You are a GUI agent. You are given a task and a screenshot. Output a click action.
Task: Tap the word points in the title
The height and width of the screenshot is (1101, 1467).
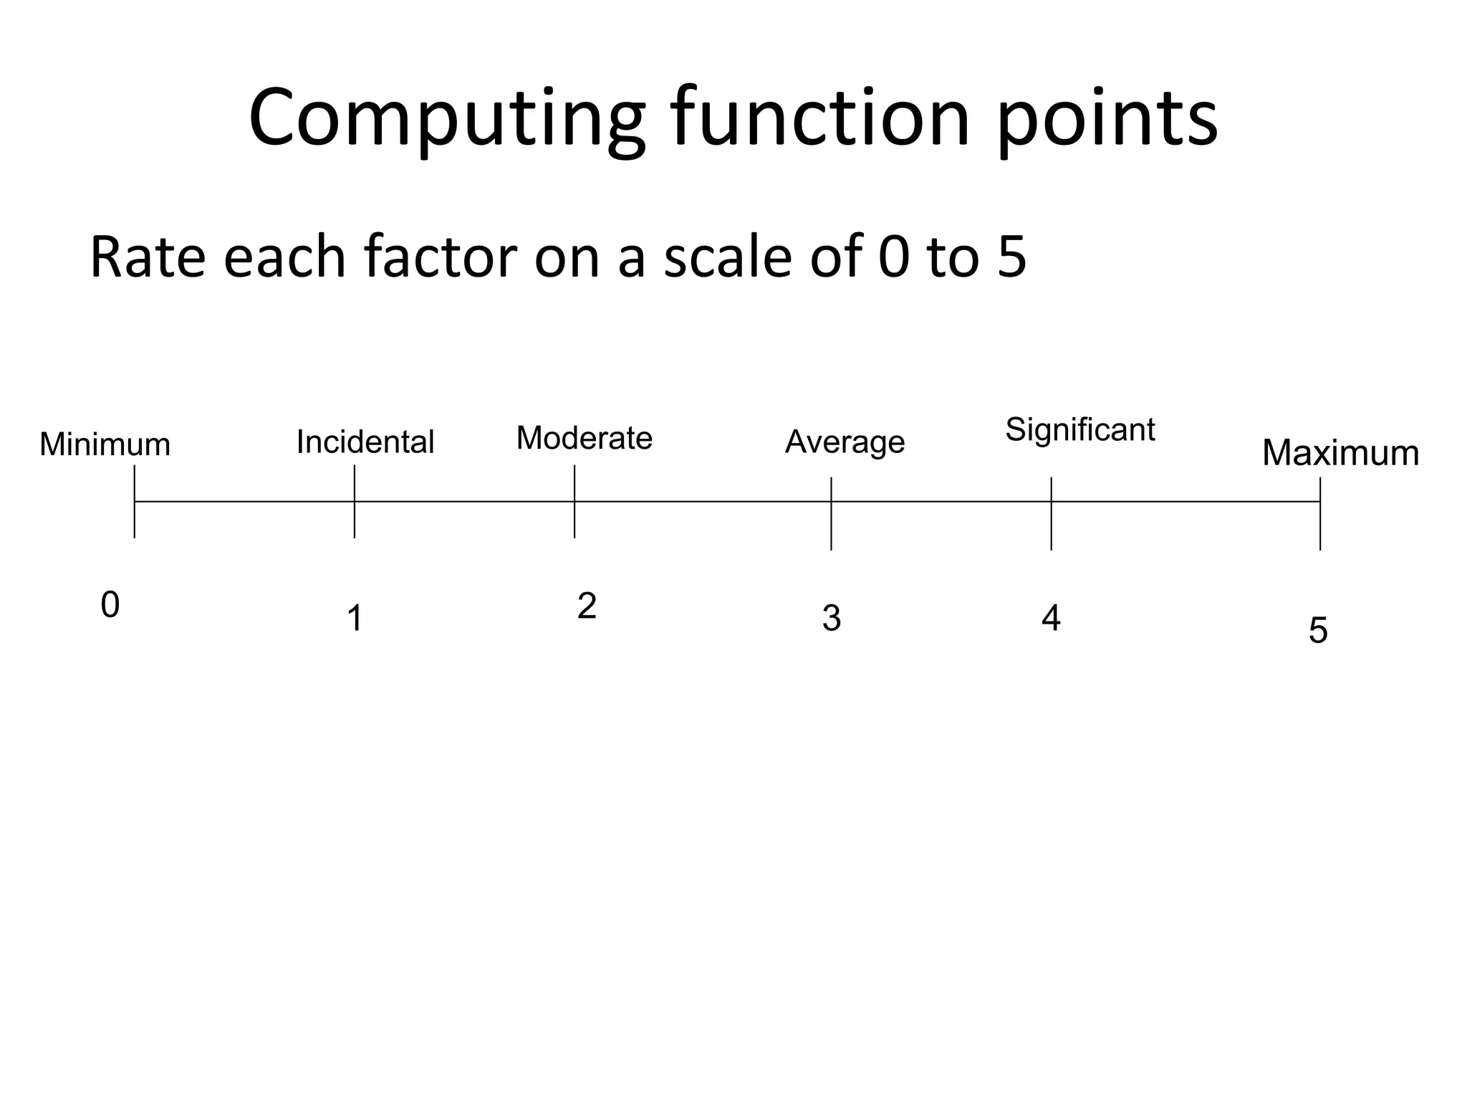pyautogui.click(x=1107, y=118)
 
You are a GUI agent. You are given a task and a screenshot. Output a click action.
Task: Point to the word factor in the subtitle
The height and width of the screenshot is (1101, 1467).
pyautogui.click(x=440, y=257)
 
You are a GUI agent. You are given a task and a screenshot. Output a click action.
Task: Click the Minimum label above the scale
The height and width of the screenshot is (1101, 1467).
pyautogui.click(x=105, y=445)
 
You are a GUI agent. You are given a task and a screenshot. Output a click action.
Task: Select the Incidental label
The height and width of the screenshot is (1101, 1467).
pyautogui.click(x=365, y=442)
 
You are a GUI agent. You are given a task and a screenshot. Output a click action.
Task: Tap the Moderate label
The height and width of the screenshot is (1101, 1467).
pyautogui.click(x=585, y=438)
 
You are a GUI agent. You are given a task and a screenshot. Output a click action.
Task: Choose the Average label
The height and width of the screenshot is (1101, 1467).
pyautogui.click(x=845, y=442)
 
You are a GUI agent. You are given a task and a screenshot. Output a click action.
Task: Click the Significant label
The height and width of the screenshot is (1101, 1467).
pyautogui.click(x=1080, y=430)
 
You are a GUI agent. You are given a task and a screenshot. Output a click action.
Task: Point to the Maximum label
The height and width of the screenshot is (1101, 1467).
pyautogui.click(x=1340, y=453)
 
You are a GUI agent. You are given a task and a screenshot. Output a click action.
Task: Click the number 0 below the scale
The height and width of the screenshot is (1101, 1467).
pyautogui.click(x=110, y=606)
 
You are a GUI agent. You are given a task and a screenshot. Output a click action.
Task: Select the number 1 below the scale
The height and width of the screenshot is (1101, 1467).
pyautogui.click(x=355, y=619)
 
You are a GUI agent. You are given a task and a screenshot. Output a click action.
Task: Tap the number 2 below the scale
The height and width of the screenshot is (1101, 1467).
pyautogui.click(x=587, y=607)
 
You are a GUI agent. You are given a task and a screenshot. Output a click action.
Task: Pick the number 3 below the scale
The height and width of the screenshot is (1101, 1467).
pyautogui.click(x=831, y=619)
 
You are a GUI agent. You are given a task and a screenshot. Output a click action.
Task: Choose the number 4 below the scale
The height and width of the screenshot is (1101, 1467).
pyautogui.click(x=1051, y=619)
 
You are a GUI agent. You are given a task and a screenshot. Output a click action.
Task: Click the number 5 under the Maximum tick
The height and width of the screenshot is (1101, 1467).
pyautogui.click(x=1318, y=631)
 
